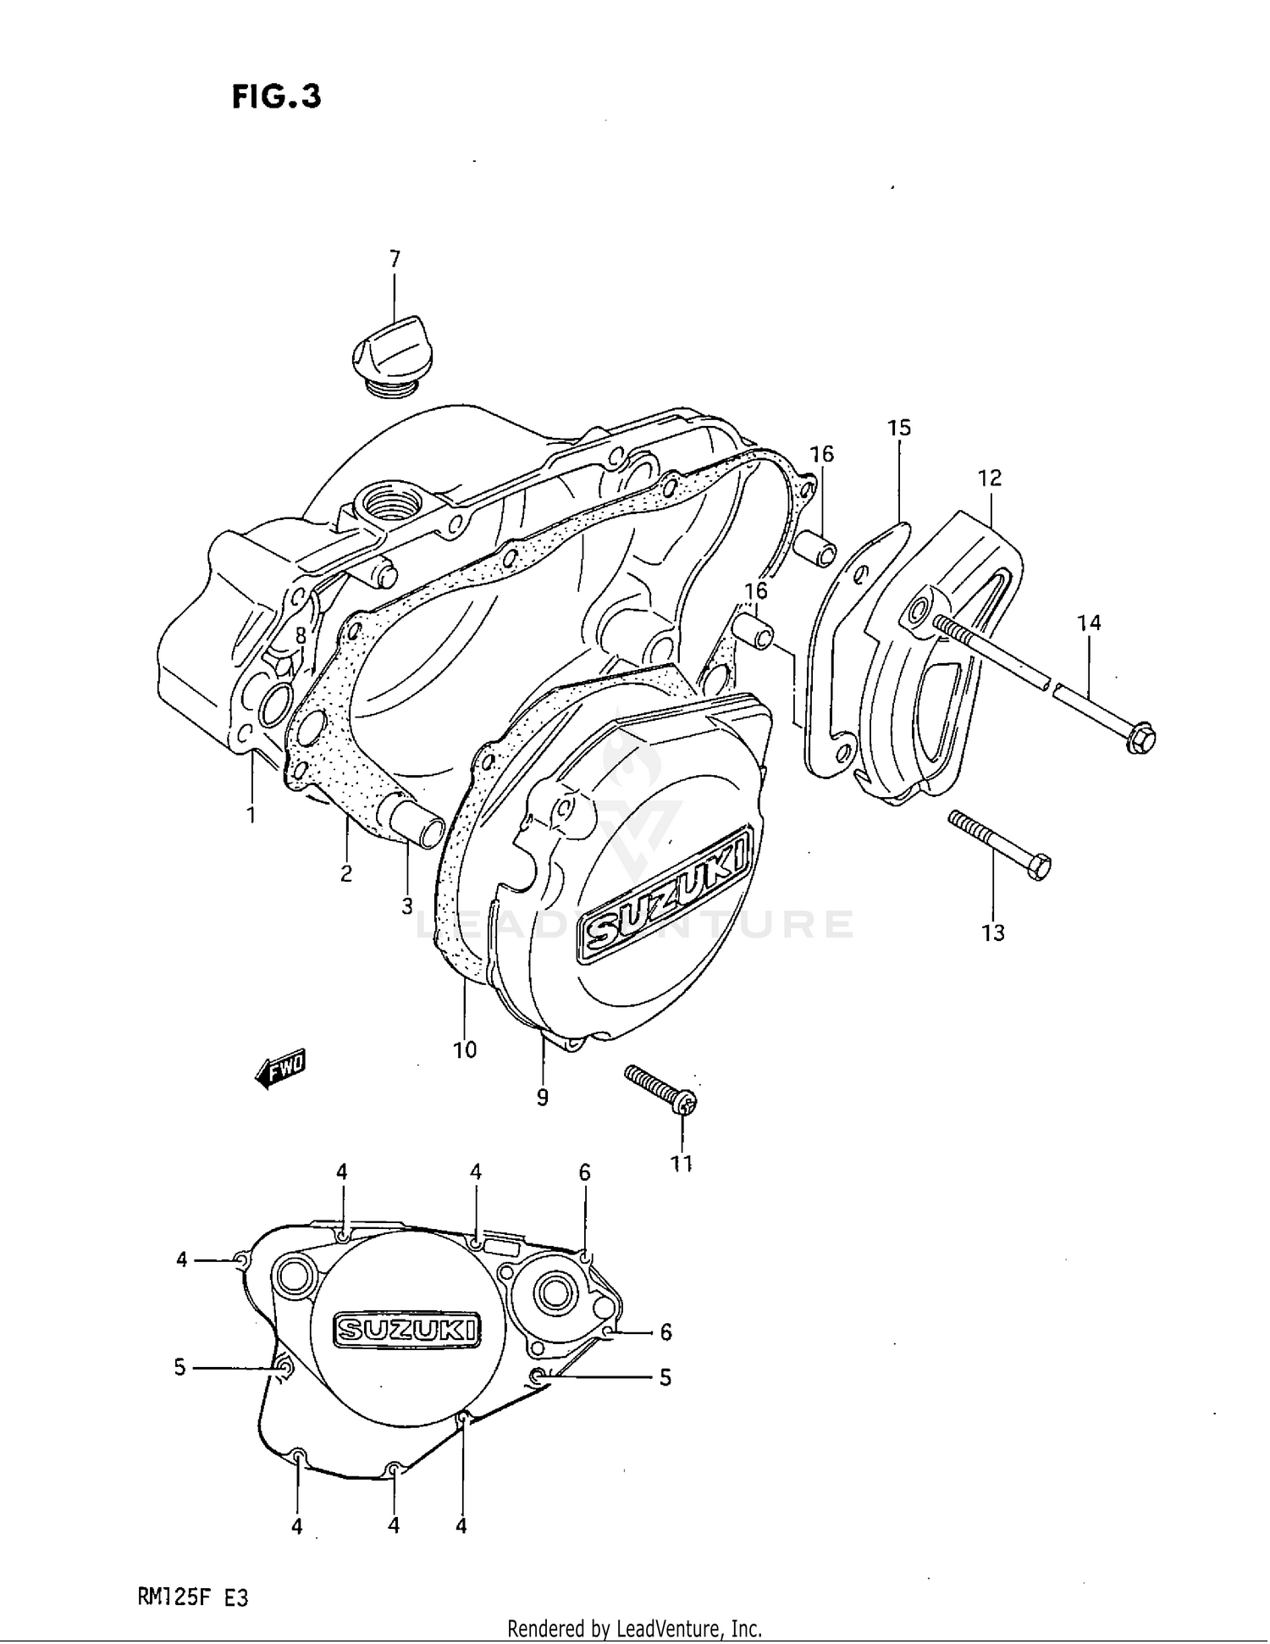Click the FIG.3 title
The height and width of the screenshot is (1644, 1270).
(x=277, y=97)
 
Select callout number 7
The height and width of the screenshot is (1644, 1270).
(x=395, y=259)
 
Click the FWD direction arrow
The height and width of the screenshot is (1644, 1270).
(x=280, y=1069)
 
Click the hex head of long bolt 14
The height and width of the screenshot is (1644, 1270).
(x=1140, y=738)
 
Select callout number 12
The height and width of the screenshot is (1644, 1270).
(x=989, y=478)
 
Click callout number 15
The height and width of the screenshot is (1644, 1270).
(x=898, y=428)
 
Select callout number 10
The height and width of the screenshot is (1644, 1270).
(x=465, y=1050)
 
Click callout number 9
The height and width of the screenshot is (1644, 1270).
(x=542, y=1098)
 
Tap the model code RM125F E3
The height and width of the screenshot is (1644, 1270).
(x=193, y=1598)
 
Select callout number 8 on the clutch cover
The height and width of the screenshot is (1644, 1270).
(x=300, y=635)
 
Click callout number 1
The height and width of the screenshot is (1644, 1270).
(x=251, y=816)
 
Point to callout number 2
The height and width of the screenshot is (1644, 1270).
(x=345, y=874)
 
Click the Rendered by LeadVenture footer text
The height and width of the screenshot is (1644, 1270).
(x=634, y=1628)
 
